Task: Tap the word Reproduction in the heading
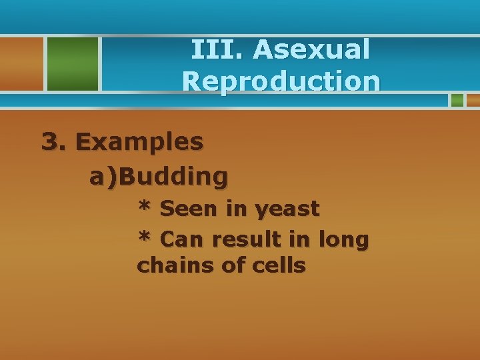tap(281, 81)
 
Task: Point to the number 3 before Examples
tap(51, 141)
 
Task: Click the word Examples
tap(139, 142)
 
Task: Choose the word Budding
tap(174, 177)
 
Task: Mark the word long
tap(343, 239)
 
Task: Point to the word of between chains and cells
tap(233, 265)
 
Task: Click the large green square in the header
tap(71, 63)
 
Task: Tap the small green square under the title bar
tap(457, 100)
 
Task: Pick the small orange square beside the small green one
tap(473, 100)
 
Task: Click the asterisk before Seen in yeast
tap(144, 207)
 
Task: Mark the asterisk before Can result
tap(144, 237)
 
